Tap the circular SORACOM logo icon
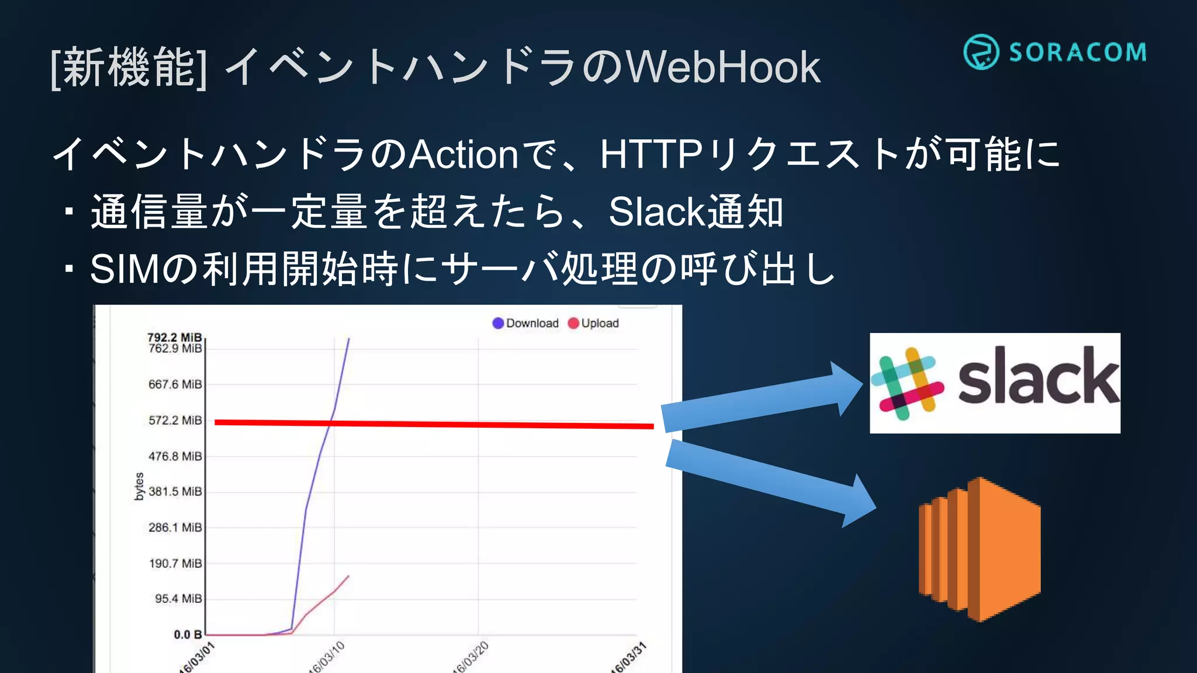coord(981,52)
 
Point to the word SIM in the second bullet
coord(124,269)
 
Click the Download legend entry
coord(525,323)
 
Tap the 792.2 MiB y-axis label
coord(174,337)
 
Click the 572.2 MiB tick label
coord(175,421)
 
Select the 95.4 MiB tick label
coord(178,599)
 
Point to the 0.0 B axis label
coord(187,634)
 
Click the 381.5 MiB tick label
coord(175,492)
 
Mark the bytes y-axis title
coord(139,487)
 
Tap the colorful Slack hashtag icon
coord(907,384)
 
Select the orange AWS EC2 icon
coord(980,549)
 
